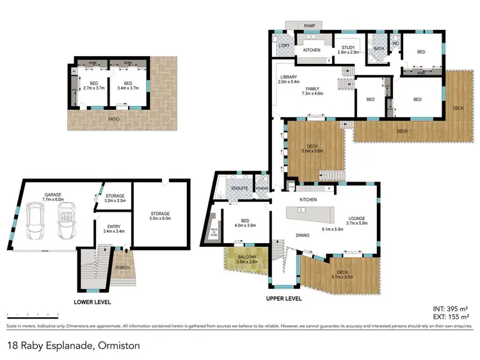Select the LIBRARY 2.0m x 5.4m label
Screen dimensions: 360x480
click(289, 80)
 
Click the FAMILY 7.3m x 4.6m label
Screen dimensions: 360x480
click(312, 91)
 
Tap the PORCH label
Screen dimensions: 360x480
click(122, 269)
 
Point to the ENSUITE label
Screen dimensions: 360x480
click(239, 189)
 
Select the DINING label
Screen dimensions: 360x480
click(303, 235)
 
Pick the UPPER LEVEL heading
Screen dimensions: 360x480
click(284, 299)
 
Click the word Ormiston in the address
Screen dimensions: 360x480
click(118, 346)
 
